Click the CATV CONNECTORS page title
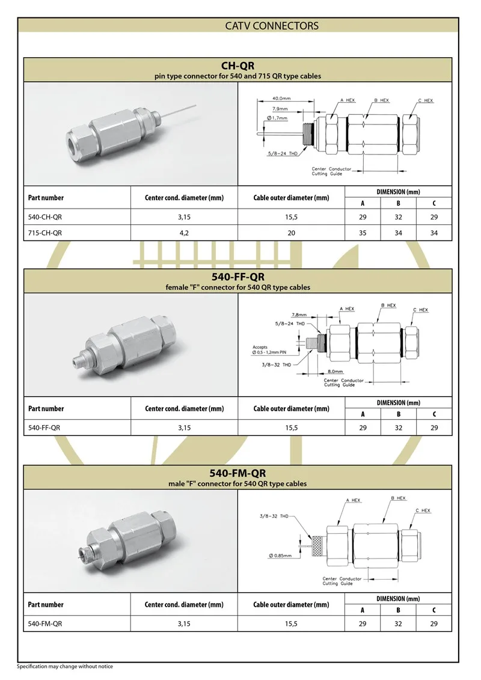pos(272,26)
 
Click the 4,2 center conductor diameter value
pos(184,232)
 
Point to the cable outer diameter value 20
pos(291,232)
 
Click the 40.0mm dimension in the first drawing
pos(282,98)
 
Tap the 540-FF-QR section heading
pos(239,277)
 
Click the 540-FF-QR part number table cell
pos(44,427)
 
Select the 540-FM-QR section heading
pos(239,473)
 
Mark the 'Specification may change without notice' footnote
pos(65,666)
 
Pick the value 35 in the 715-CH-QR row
pos(363,232)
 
